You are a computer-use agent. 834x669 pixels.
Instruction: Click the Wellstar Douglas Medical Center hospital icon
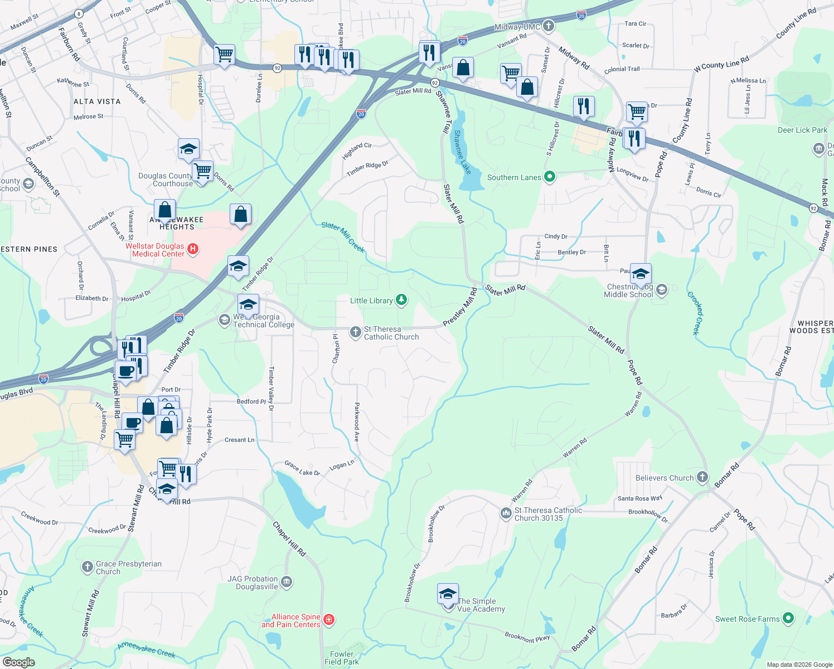coord(193,249)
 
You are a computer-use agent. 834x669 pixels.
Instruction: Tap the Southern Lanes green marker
coord(550,177)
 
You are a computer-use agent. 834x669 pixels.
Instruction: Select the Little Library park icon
coord(401,300)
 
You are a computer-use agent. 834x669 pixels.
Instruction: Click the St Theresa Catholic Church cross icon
coord(355,333)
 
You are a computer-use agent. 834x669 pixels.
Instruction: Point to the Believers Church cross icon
coord(702,477)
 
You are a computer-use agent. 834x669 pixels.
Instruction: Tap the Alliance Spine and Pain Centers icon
coord(329,620)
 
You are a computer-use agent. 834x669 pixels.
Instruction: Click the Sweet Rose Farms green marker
coord(788,618)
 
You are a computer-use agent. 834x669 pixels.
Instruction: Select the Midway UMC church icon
coord(549,26)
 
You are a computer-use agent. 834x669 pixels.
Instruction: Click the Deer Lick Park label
coord(802,130)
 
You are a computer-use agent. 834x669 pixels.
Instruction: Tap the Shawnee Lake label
coord(462,152)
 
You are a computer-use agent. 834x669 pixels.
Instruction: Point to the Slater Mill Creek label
coord(343,237)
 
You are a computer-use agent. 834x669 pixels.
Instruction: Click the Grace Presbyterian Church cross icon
coord(87,568)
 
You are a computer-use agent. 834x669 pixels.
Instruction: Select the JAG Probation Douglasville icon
coord(287,582)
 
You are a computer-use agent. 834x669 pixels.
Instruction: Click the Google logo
coord(18,662)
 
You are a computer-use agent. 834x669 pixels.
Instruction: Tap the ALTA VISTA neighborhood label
coord(97,101)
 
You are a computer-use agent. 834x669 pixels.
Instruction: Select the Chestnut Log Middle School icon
coord(662,290)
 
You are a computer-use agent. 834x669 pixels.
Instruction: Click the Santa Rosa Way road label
coord(639,498)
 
